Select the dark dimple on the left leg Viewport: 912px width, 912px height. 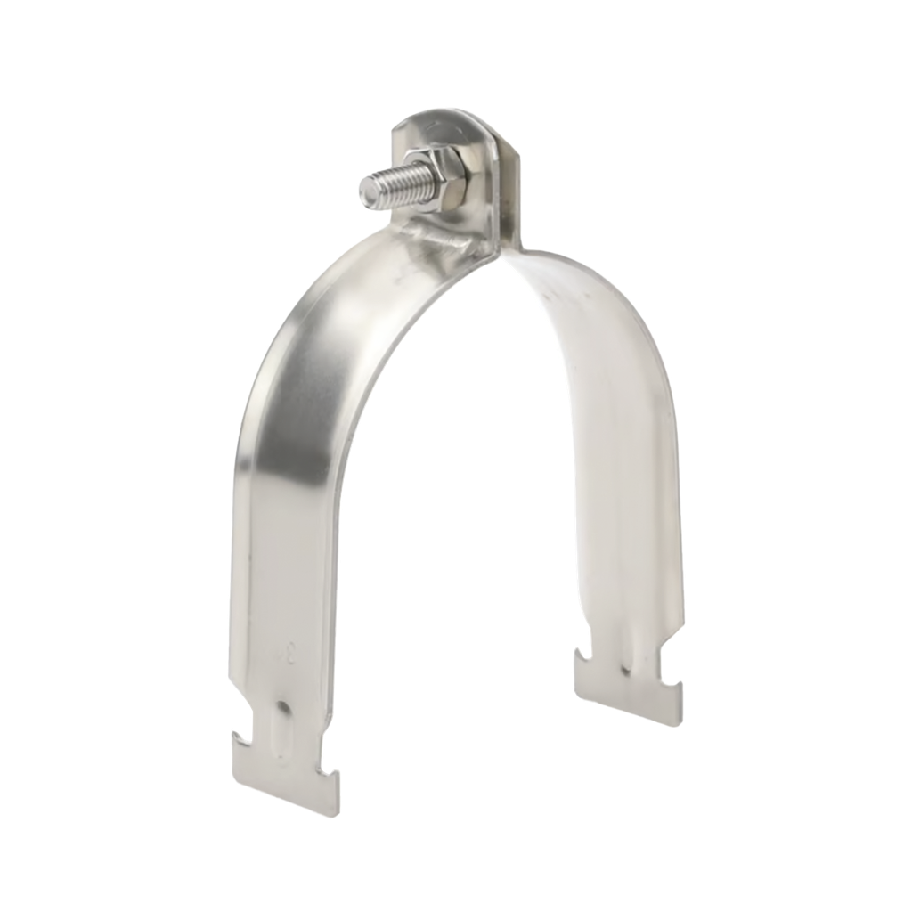282,707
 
